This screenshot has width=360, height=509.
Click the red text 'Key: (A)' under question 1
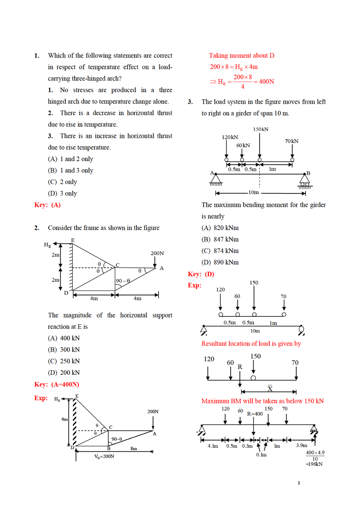(47, 205)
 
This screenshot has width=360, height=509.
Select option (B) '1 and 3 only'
(71, 171)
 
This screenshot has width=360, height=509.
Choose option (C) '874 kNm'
(220, 251)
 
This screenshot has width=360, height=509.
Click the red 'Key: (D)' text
(201, 274)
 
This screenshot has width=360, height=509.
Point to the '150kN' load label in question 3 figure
(261, 129)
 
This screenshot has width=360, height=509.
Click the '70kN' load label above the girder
(291, 141)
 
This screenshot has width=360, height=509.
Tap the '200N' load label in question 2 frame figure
(157, 253)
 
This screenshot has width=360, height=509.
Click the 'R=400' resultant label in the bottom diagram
(255, 414)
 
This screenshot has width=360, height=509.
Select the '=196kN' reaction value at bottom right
(314, 464)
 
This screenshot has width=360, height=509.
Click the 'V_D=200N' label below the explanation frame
(104, 456)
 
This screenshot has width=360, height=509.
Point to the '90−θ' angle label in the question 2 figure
(123, 281)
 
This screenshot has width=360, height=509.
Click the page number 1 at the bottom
(299, 483)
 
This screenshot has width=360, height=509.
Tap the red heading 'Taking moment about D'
(241, 56)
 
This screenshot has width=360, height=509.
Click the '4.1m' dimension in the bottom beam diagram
(213, 446)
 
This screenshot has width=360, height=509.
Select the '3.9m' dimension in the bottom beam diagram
(301, 445)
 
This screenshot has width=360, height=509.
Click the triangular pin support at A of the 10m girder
(216, 180)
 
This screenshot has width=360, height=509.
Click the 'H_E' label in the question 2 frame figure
(48, 245)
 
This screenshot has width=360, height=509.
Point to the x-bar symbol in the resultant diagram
(270, 388)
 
